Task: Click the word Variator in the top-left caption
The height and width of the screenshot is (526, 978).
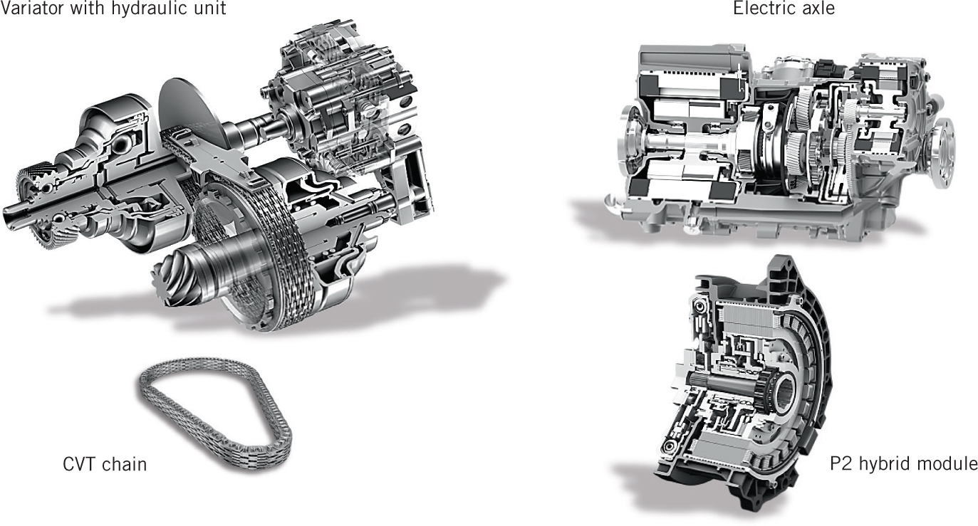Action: [x=26, y=9]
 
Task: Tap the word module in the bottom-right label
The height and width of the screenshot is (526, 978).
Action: [x=947, y=463]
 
